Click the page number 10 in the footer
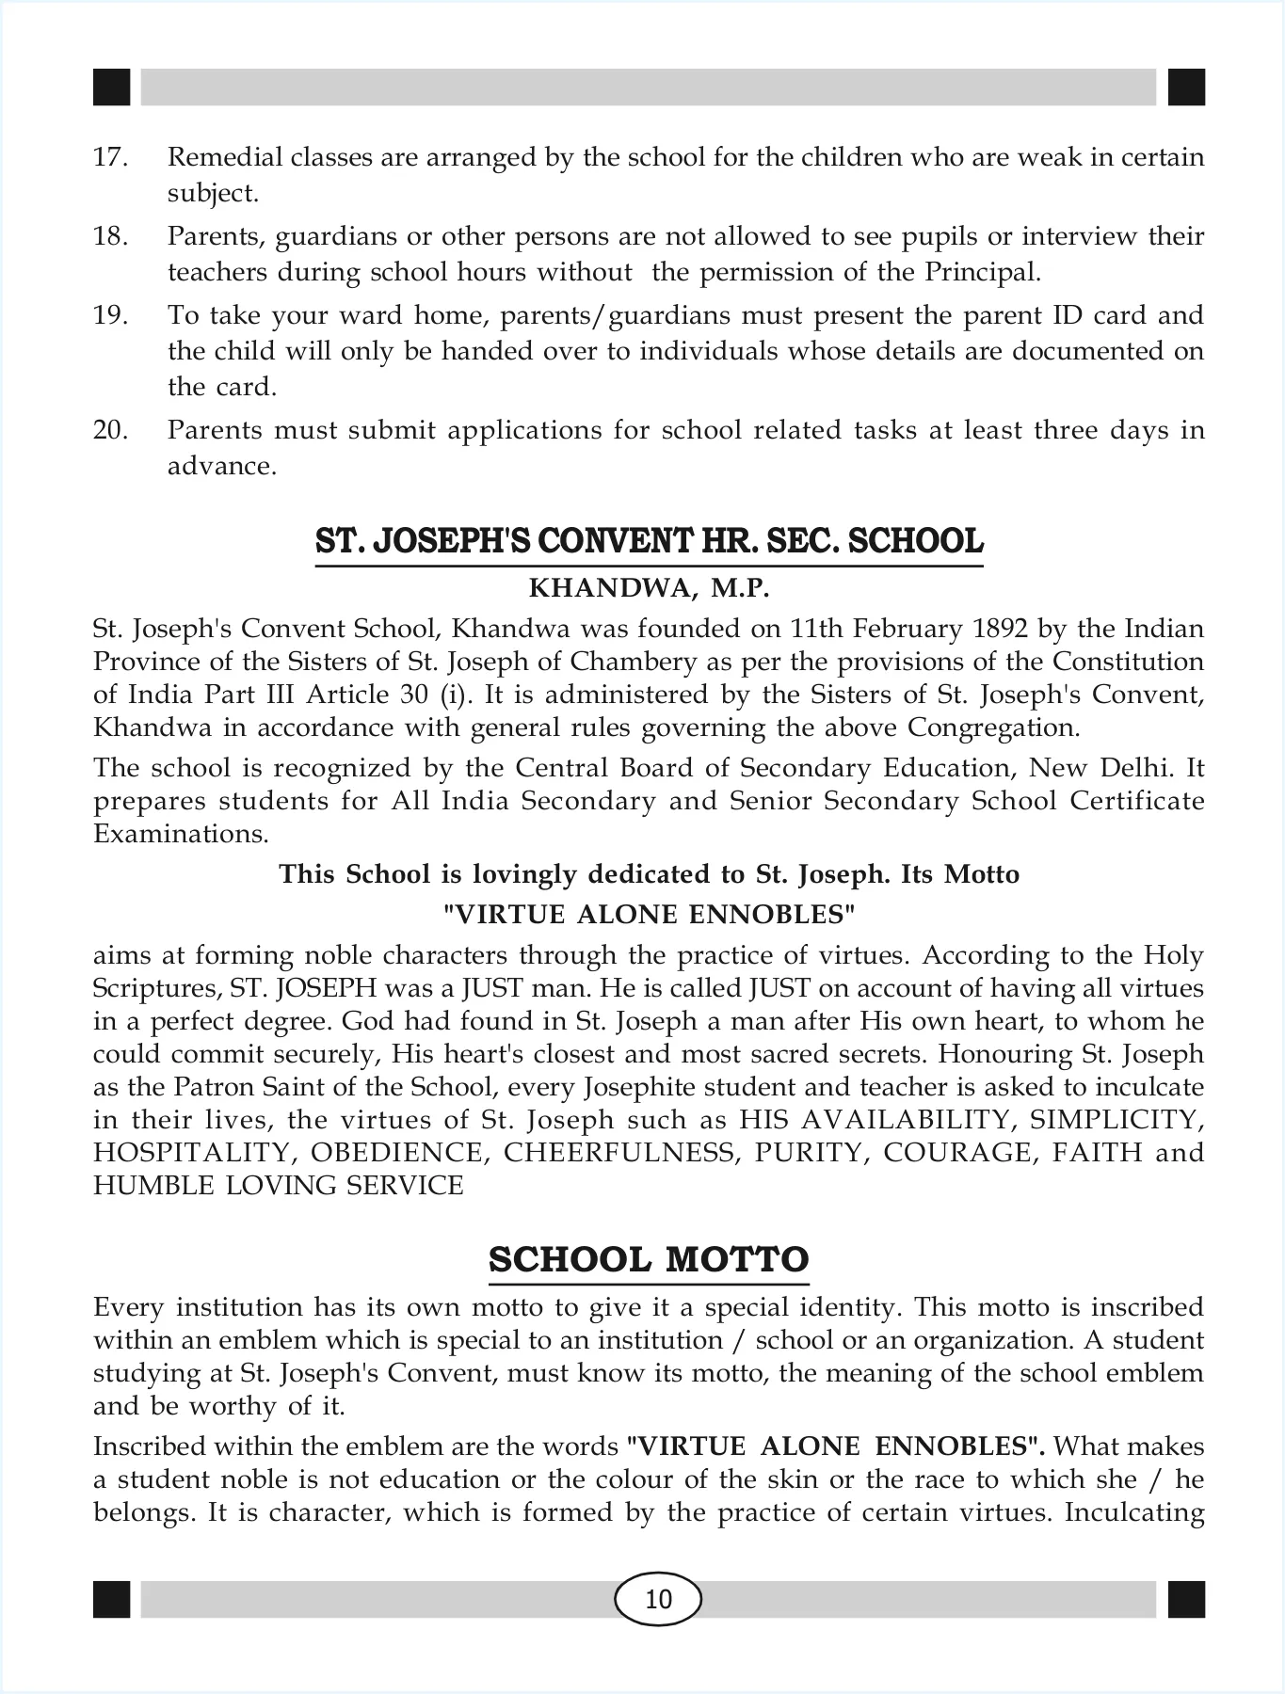pyautogui.click(x=658, y=1599)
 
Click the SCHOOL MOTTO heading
pyautogui.click(x=649, y=1259)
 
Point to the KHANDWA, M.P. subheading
pyautogui.click(x=649, y=589)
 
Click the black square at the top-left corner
pyautogui.click(x=111, y=88)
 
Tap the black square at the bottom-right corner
pyautogui.click(x=1186, y=1599)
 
